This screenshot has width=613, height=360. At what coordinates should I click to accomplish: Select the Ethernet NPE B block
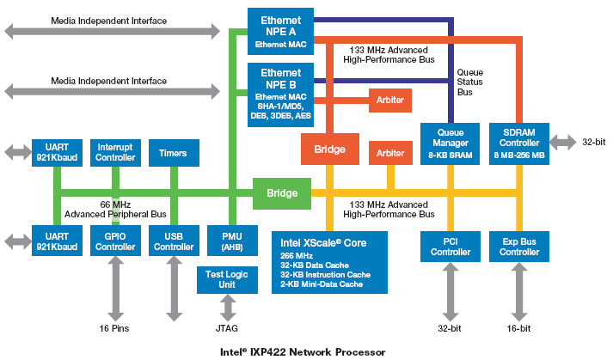coord(279,95)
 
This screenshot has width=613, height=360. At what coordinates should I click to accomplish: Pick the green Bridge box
coord(281,193)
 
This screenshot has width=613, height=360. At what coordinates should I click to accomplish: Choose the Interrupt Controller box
coord(115,153)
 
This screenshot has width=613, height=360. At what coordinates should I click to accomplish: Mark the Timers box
coord(174,153)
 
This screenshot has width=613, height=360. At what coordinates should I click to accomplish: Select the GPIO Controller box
coord(115,240)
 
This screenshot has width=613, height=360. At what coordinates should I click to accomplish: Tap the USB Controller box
coord(174,240)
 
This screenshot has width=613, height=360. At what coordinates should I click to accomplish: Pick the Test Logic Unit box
coord(227,279)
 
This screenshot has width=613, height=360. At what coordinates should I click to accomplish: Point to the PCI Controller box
coord(449,245)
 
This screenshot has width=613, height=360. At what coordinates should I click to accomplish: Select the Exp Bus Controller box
coord(519,245)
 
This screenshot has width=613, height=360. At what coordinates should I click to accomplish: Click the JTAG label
coord(227,328)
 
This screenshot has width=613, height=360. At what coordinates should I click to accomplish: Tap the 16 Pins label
coord(114,328)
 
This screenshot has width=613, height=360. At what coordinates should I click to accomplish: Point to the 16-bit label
coord(518,328)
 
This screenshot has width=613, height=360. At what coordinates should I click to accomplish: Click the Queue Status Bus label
coord(469,82)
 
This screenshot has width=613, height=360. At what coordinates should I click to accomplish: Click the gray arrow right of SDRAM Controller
coord(563,141)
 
